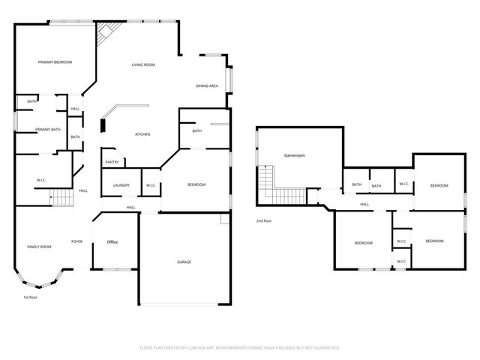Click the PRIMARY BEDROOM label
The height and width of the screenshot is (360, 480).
pos(55,62)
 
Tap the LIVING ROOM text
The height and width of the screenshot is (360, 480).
pos(143,65)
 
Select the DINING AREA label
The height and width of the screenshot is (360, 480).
pos(207,86)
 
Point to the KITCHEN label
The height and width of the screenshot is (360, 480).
pos(142,134)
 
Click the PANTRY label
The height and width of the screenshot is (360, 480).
pos(112,162)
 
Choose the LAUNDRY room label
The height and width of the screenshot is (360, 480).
pos(121,185)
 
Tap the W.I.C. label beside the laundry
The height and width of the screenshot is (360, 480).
pos(150,185)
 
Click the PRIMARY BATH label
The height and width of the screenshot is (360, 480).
pos(47,130)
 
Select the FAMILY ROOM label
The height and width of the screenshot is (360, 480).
pos(39,247)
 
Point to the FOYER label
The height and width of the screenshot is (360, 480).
pos(76,241)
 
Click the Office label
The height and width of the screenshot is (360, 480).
pos(112,241)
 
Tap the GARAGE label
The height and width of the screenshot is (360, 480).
pos(184,262)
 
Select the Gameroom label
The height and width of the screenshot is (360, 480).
pos(294,155)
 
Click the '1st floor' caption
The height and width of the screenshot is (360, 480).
pos(30,298)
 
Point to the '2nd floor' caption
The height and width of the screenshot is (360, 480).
pos(264,221)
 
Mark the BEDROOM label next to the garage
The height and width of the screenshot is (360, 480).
pos(196,184)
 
